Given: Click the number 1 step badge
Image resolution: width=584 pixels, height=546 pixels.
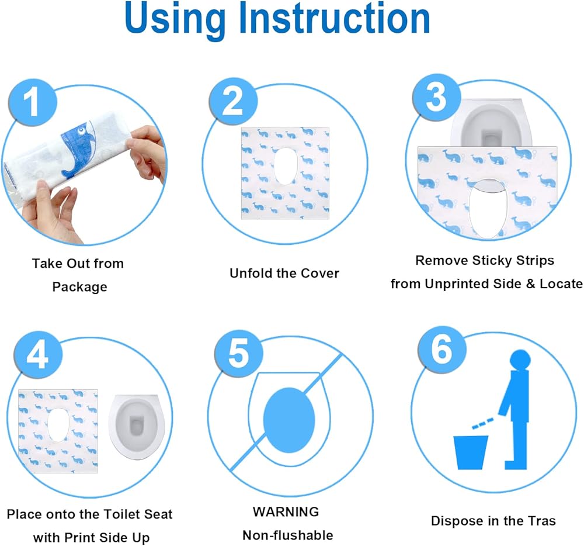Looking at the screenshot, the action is pos(32,103).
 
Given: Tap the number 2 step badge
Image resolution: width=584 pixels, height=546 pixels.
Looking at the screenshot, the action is pos(233,101).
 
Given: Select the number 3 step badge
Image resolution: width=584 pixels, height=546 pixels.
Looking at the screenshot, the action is pos(436,98).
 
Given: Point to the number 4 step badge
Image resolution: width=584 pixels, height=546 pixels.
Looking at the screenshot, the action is pos(38,355).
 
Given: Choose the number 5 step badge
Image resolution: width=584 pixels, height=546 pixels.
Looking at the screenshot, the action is pos(239,353).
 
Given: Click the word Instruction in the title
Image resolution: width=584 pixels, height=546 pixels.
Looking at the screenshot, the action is pos(334,19).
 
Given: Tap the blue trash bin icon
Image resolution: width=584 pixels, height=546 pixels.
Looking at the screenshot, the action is pos(471,452).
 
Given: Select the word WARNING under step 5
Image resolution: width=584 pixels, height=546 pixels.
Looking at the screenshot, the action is pos(286,512).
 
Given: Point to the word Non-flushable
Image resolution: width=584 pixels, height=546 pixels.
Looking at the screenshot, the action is pos(287,535).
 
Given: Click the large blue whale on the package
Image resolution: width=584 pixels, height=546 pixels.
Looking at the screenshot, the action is pos(79,149).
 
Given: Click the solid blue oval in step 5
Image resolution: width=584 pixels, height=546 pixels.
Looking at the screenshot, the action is pos(288,420).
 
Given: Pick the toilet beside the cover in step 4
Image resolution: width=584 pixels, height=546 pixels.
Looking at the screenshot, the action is pos(137,426).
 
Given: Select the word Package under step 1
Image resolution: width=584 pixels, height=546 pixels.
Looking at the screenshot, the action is pos(79,287).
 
